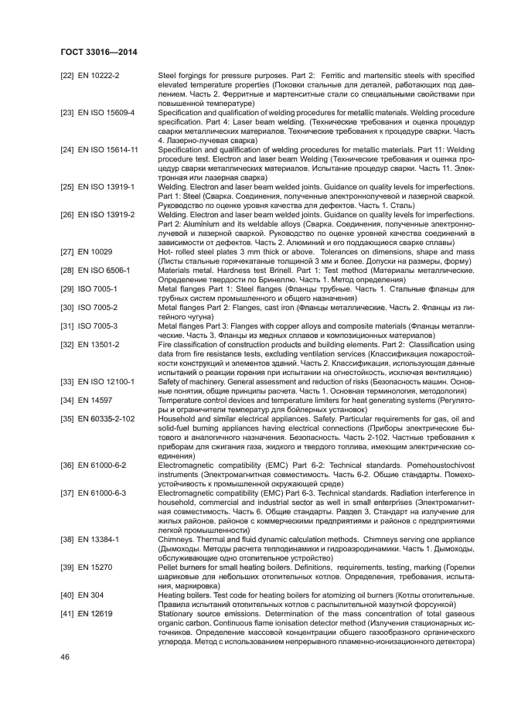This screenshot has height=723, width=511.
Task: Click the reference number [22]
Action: [66, 75]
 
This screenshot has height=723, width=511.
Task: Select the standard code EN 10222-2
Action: [104, 75]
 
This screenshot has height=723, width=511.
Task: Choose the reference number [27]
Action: [66, 253]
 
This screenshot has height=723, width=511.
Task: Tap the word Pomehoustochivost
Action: [435, 466]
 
